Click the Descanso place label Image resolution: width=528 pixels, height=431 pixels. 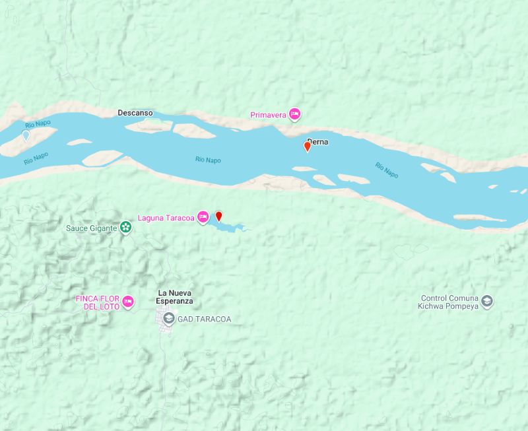click(135, 113)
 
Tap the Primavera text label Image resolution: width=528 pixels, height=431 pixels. click(268, 115)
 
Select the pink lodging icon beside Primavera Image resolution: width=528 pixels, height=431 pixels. click(295, 114)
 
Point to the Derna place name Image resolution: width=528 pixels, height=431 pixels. click(317, 141)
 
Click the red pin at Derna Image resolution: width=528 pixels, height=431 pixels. click(307, 147)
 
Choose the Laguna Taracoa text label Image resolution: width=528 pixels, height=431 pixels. click(166, 218)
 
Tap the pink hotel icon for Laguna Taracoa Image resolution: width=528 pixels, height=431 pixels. click(203, 217)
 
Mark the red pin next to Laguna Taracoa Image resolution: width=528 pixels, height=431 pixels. click(219, 216)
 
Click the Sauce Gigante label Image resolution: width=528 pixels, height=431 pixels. click(91, 228)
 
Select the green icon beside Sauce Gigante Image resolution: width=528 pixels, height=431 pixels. click(125, 228)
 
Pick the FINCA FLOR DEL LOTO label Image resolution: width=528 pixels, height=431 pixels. click(98, 302)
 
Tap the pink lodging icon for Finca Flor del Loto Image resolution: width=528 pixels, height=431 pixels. click(129, 302)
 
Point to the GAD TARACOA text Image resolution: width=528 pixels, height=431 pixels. click(204, 319)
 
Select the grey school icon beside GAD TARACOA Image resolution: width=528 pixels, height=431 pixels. click(169, 319)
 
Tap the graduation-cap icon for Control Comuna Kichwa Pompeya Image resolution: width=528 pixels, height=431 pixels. click(487, 302)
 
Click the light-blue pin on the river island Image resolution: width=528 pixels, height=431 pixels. click(26, 136)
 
